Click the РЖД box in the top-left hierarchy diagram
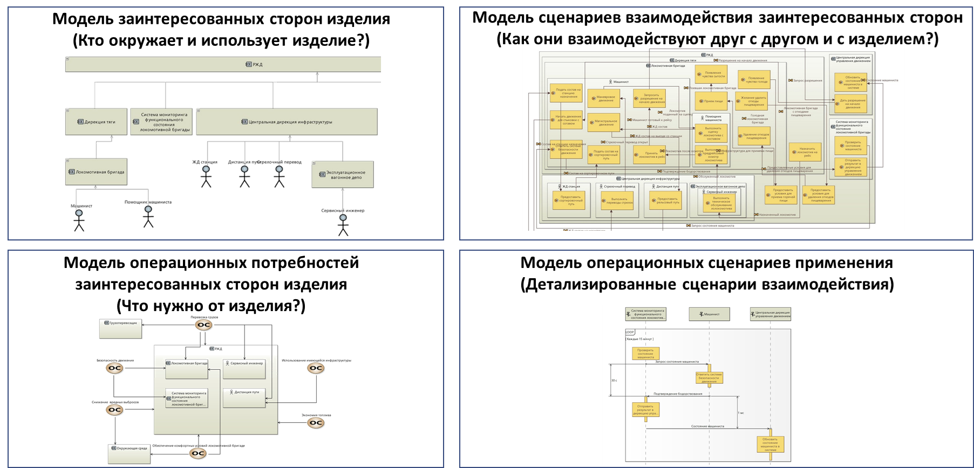point(223,64)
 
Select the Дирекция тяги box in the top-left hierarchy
point(97,122)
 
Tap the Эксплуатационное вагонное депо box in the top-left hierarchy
point(343,175)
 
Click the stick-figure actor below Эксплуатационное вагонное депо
point(343,225)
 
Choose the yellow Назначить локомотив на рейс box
point(805,153)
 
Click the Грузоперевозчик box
point(121,329)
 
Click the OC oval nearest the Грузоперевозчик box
point(203,326)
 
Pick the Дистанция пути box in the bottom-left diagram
point(244,398)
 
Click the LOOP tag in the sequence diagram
point(630,332)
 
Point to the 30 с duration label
point(614,380)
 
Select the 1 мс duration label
point(741,412)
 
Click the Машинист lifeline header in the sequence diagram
point(709,314)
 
